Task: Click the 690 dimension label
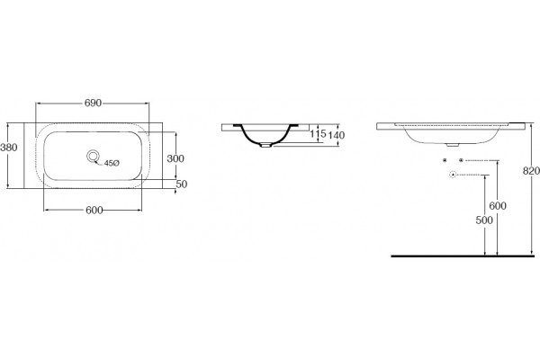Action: coord(93,103)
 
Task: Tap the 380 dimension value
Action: coord(9,148)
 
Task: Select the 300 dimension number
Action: coord(175,158)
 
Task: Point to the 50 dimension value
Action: coord(182,184)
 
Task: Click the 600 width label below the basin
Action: coord(94,210)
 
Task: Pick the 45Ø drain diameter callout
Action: coord(112,163)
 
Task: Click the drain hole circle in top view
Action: coord(93,157)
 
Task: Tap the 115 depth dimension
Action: coord(318,133)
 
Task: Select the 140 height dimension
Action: coord(336,135)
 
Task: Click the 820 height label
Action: coord(531,170)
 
